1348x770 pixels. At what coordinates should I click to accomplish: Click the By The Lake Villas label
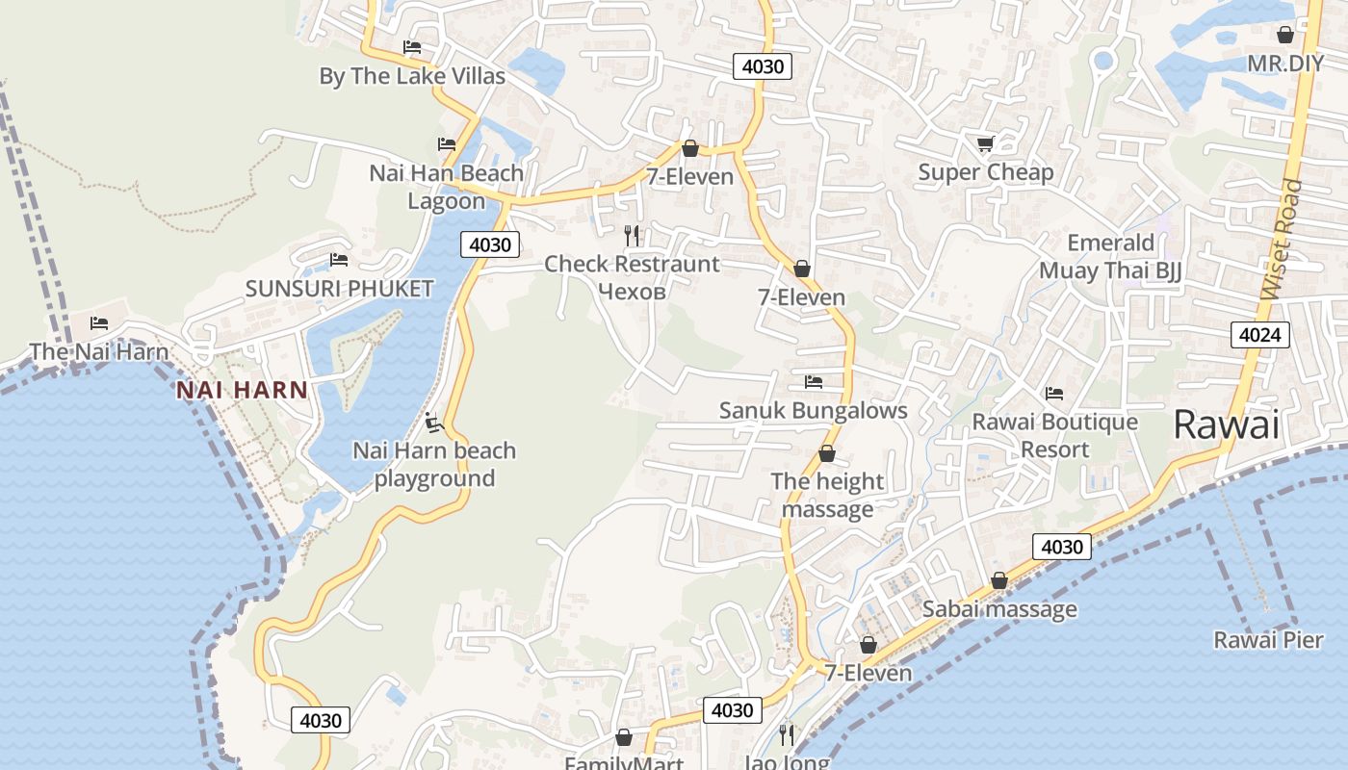412,76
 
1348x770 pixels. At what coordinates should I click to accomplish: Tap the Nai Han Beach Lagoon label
447,187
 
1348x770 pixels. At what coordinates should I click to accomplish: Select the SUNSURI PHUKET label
339,288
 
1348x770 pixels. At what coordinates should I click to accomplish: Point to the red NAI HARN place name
242,390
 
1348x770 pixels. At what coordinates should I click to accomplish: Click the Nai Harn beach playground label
434,464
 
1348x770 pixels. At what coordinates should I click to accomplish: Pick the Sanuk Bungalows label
813,410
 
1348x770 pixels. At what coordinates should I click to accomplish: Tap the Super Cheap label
985,172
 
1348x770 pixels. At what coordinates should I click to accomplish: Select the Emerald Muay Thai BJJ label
1110,256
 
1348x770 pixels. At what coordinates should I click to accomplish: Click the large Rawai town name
1226,424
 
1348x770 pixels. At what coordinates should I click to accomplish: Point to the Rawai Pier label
1268,639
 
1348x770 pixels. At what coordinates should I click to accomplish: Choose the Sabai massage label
999,608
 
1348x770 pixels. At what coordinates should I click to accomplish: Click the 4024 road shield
1259,335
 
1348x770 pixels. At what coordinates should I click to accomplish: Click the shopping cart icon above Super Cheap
985,144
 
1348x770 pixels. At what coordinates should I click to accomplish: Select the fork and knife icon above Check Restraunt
632,235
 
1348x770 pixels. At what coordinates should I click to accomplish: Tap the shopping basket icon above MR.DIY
1284,36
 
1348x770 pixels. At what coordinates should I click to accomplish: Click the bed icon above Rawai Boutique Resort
1054,394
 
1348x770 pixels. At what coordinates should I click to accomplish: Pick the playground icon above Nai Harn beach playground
433,422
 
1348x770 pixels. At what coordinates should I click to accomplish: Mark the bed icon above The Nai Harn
98,323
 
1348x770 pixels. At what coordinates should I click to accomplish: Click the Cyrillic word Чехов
632,291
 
